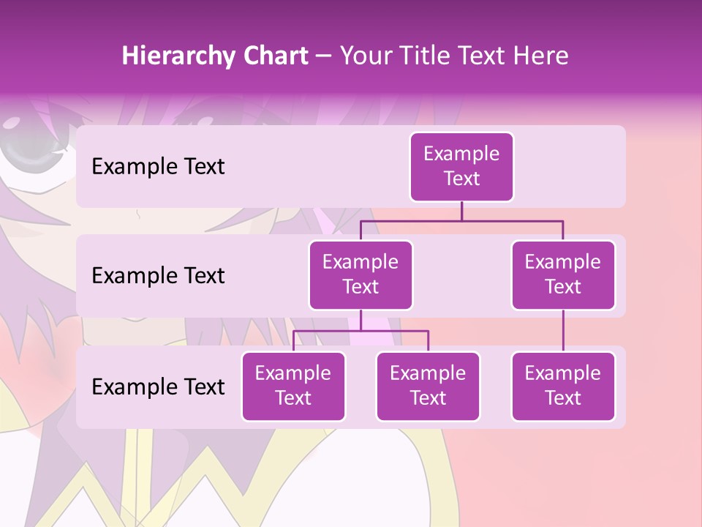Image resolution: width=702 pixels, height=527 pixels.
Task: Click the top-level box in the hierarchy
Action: [461, 167]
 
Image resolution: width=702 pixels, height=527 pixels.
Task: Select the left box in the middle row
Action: [361, 274]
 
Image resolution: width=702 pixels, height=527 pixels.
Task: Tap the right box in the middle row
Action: [563, 274]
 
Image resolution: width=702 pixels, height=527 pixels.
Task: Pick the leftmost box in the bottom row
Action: [293, 386]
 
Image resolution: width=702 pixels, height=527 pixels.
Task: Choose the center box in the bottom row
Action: [428, 386]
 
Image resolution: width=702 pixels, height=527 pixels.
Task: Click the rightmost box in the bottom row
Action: [563, 386]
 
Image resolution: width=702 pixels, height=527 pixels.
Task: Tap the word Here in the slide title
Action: [540, 56]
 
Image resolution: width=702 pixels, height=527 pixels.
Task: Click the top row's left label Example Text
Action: [158, 167]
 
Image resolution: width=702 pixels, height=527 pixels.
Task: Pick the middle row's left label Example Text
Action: [158, 275]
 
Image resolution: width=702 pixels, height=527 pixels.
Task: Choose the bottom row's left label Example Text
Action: [158, 386]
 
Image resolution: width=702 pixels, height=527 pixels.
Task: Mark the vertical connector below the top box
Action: [461, 211]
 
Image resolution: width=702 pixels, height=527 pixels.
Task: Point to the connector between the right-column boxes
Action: [563, 331]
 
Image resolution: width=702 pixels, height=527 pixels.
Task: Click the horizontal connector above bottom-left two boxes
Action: [361, 331]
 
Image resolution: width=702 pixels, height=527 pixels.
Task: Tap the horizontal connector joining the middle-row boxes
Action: [461, 220]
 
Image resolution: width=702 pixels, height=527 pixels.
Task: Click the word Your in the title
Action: [364, 56]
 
